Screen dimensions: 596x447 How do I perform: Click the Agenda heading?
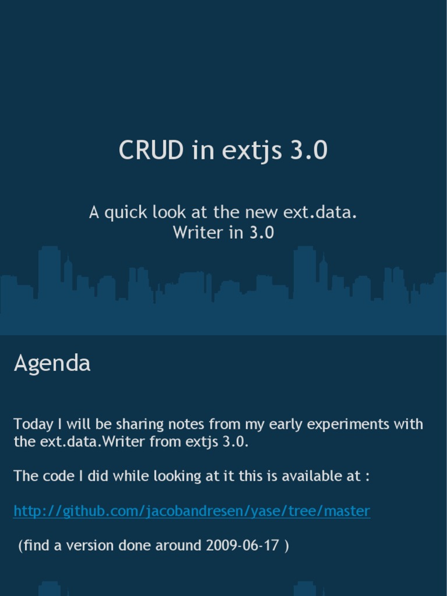click(52, 364)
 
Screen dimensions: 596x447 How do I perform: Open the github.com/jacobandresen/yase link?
click(191, 511)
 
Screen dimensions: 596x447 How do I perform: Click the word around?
click(175, 546)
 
